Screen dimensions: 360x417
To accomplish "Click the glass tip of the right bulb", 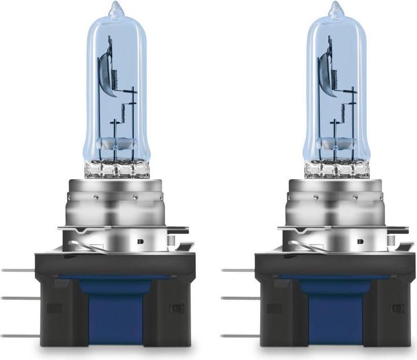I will click(x=334, y=9).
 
